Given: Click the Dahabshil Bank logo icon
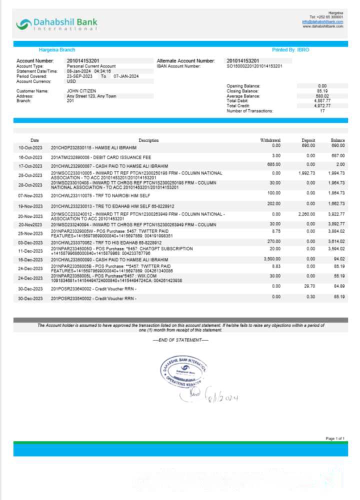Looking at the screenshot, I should coord(23,23).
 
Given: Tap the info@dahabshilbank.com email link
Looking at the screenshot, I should coord(322,22).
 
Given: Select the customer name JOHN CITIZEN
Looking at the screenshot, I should coord(81,91).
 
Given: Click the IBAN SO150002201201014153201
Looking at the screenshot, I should coord(254,66).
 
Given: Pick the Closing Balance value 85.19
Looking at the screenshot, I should coord(322,91).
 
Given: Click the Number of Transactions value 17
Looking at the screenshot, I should coord(322,110).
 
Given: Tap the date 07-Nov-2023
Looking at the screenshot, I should coord(30,195).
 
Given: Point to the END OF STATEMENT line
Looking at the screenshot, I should coord(180,340).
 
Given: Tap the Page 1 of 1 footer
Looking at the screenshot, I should coord(334,438).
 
